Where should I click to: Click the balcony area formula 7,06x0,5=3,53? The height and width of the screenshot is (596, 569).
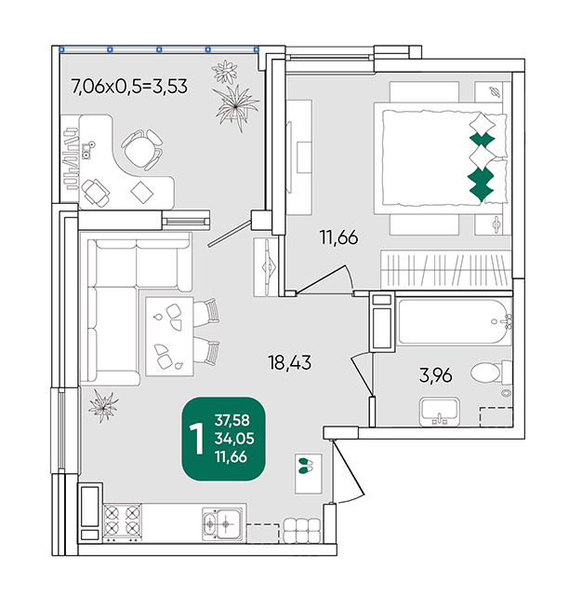129,87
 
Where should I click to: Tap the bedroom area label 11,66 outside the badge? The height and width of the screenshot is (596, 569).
339,237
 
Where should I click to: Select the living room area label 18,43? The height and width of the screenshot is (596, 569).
290,362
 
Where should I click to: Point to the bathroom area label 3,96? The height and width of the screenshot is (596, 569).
435,375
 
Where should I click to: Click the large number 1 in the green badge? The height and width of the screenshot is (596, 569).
197,439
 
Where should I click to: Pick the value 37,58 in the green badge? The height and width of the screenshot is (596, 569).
232,420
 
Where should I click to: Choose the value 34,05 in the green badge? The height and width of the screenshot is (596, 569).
234,439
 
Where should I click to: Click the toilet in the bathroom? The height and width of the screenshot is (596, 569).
491,372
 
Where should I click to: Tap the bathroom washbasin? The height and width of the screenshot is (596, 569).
440,412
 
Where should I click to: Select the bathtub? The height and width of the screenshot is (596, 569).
454,322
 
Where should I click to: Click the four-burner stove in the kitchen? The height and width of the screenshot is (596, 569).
122,521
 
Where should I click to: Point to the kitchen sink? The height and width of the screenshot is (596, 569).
221,523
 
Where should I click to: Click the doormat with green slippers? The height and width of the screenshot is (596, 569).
309,474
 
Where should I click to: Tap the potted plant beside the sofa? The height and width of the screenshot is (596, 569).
103,405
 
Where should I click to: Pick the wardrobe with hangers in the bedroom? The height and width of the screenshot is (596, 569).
446,270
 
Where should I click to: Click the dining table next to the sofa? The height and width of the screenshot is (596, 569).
169,337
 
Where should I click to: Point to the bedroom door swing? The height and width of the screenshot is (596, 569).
324,279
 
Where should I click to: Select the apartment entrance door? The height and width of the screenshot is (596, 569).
348,471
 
